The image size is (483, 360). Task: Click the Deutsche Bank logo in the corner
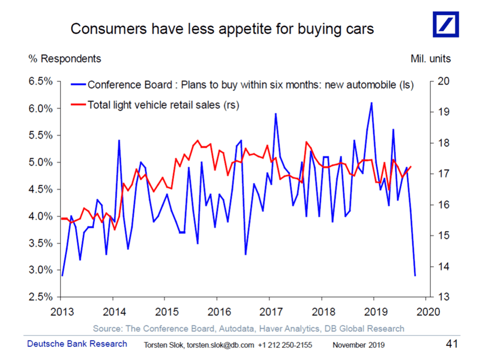coord(445,24)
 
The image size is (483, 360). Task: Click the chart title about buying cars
coord(222,29)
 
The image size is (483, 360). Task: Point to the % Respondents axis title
coord(71,59)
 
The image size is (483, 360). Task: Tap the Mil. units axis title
coord(430,59)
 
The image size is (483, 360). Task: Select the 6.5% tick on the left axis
coord(41,82)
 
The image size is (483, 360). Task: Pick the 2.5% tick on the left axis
coord(41,297)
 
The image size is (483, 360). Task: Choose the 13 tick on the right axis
coord(440,297)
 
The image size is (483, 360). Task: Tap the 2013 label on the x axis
coord(62,312)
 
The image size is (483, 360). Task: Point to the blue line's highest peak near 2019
coord(371,103)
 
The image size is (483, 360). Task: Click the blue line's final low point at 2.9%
coord(415,276)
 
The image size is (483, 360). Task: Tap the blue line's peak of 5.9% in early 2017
coord(275,114)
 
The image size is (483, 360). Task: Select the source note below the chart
coord(248,328)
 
